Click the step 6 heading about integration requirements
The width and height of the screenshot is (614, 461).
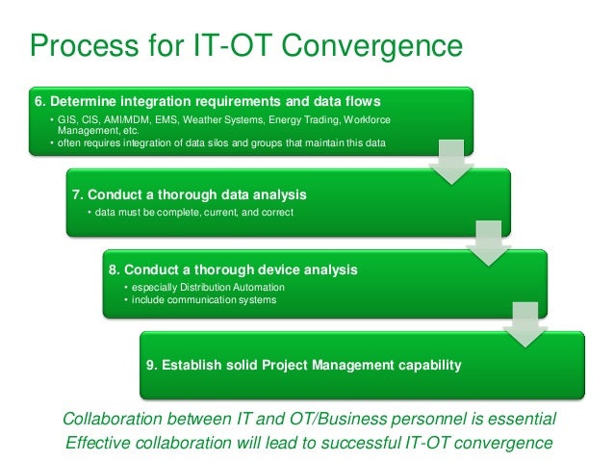pos(207,101)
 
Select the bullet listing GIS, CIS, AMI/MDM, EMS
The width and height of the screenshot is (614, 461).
pos(221,123)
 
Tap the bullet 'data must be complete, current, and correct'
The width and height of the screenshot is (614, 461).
pos(191,212)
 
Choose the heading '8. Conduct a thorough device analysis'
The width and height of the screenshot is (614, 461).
pos(233,270)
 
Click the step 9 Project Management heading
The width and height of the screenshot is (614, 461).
pos(302,366)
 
